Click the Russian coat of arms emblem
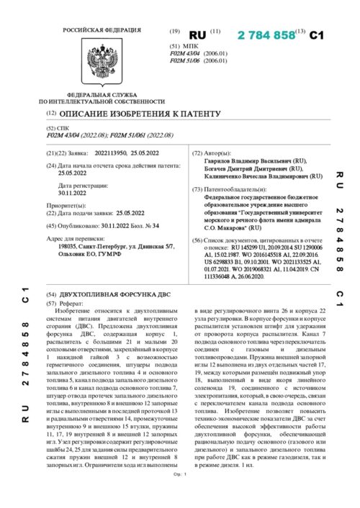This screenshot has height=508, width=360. [x=96, y=64]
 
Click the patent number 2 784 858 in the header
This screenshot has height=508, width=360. [x=266, y=35]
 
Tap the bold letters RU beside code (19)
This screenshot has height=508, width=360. [x=197, y=35]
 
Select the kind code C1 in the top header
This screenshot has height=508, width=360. [x=318, y=35]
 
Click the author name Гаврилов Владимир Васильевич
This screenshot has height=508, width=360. [x=248, y=162]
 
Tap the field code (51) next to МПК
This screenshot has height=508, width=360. [x=174, y=45]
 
